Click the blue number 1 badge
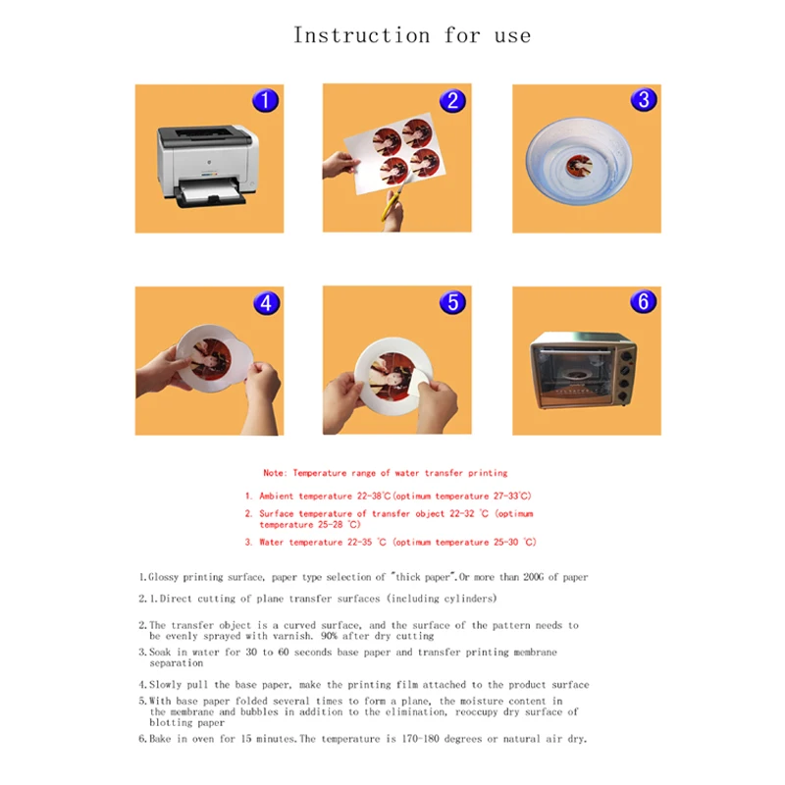[x=265, y=100]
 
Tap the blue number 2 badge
[x=452, y=100]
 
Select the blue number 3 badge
[x=644, y=99]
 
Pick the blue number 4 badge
[x=266, y=303]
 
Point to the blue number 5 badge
[x=452, y=302]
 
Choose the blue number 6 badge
[x=644, y=301]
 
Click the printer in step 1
[x=207, y=165]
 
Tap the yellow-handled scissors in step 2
[x=394, y=196]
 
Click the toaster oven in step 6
[x=583, y=370]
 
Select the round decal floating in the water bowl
[x=579, y=165]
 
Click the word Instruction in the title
[x=361, y=35]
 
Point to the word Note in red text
[x=274, y=473]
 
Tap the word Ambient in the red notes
[x=277, y=497]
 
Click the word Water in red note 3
[x=271, y=543]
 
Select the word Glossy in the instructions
[x=163, y=577]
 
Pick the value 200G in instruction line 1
[x=533, y=577]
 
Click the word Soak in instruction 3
[x=160, y=653]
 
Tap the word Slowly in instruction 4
[x=165, y=685]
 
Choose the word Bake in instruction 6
[x=160, y=739]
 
